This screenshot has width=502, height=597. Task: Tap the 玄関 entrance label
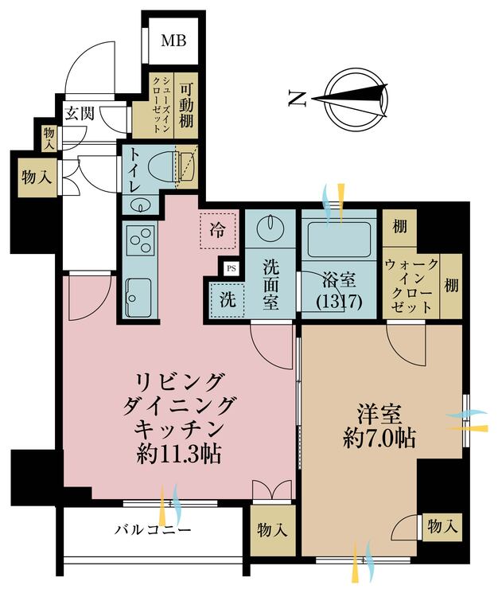pos(81,113)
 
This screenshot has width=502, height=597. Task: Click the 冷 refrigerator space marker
pos(217,228)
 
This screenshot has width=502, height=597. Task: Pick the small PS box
pos(231,269)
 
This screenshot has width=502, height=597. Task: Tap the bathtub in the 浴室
pos(340,236)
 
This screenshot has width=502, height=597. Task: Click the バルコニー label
pos(152,529)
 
